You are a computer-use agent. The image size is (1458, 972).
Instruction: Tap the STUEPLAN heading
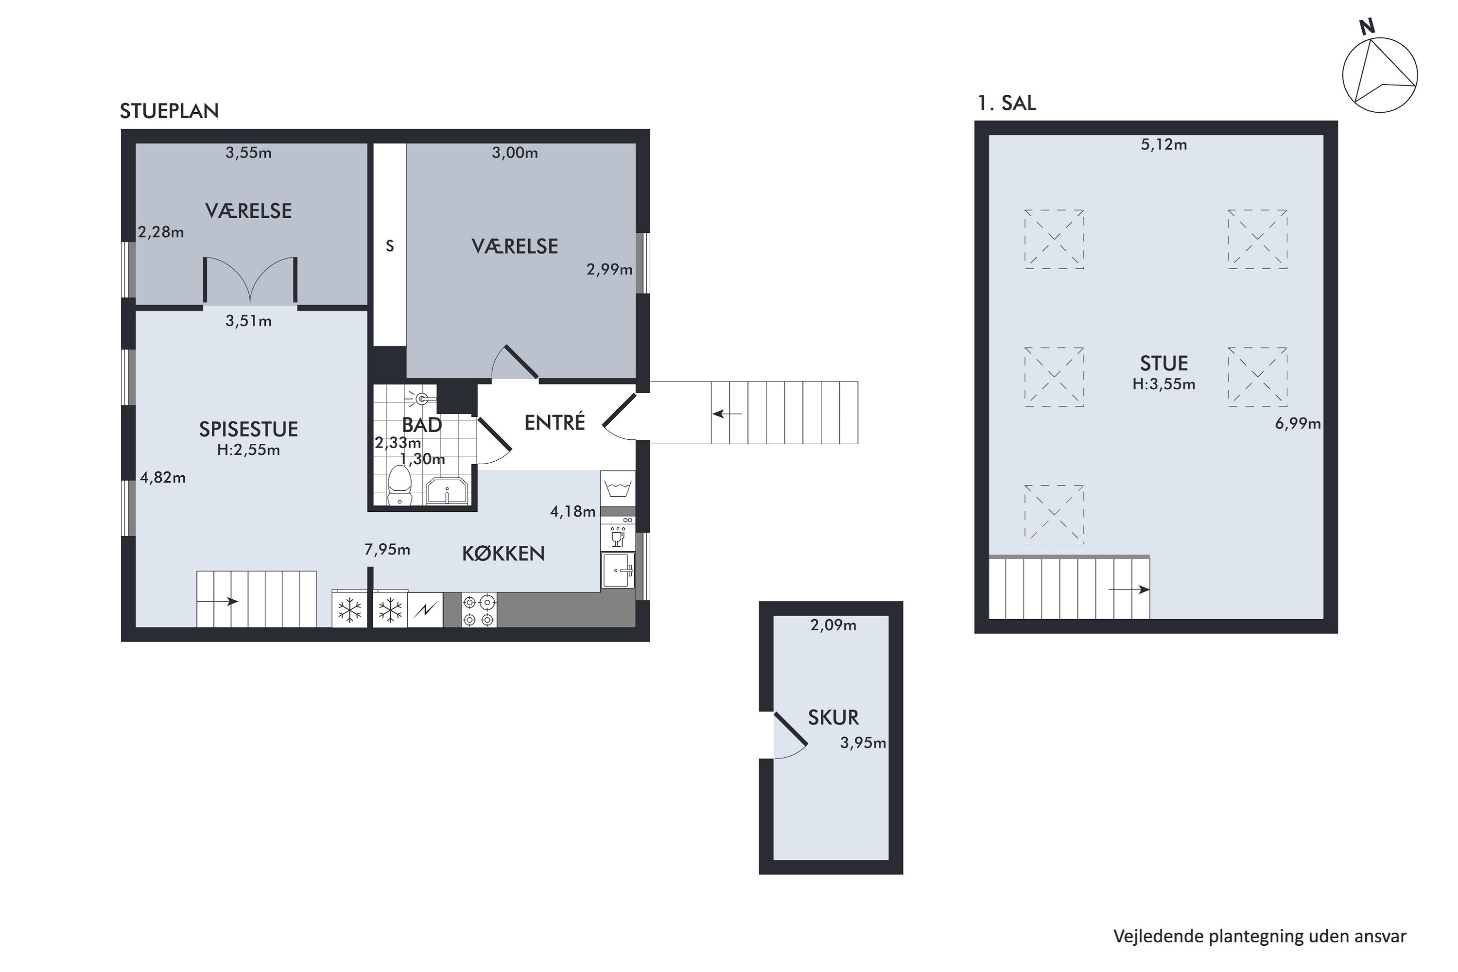pyautogui.click(x=169, y=111)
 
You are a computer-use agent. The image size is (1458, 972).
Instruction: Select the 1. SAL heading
pyautogui.click(x=1006, y=103)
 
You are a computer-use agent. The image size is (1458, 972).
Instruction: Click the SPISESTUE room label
pyautogui.click(x=248, y=429)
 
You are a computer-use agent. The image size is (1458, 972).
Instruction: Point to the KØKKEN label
pyautogui.click(x=503, y=554)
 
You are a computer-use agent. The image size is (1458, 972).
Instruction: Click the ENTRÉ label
pyautogui.click(x=555, y=422)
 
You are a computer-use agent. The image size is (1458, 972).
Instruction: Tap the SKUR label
pyautogui.click(x=833, y=718)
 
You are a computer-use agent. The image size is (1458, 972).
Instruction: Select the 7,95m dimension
pyautogui.click(x=387, y=550)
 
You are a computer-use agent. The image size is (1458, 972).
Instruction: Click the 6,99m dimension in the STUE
pyautogui.click(x=1298, y=424)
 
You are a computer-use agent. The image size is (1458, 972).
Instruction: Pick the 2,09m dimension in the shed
pyautogui.click(x=833, y=625)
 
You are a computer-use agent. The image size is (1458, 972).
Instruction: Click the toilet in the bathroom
pyautogui.click(x=400, y=486)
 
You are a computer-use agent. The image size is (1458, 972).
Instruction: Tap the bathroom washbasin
pyautogui.click(x=447, y=491)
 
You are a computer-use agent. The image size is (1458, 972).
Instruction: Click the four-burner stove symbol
pyautogui.click(x=479, y=610)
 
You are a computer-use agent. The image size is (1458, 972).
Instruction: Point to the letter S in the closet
pyautogui.click(x=390, y=246)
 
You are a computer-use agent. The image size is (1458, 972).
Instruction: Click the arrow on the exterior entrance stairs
pyautogui.click(x=727, y=414)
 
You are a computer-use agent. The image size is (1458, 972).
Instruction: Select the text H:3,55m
pyautogui.click(x=1163, y=384)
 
